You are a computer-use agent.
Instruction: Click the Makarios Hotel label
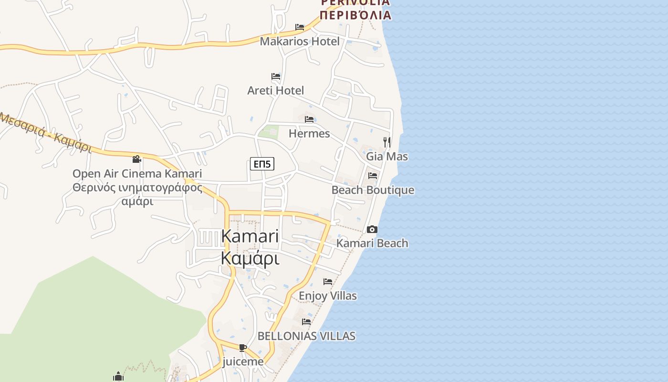tap(300, 42)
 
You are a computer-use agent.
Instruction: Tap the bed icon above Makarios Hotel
tap(300, 27)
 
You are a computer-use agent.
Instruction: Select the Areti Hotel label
tap(275, 91)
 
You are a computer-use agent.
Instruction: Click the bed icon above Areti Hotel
tap(276, 76)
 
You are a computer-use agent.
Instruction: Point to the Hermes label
tap(309, 134)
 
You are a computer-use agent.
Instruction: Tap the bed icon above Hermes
tap(309, 119)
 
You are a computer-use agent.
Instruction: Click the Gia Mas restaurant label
tap(387, 157)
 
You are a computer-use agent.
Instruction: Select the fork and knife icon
tap(387, 142)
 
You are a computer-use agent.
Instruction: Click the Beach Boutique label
tap(373, 190)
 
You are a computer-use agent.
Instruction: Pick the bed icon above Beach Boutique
tap(373, 176)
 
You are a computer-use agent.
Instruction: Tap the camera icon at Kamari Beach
tap(372, 230)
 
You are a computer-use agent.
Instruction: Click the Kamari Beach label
tap(372, 244)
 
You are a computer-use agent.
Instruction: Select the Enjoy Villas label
tap(328, 296)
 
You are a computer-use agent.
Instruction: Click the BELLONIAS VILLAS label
tap(306, 336)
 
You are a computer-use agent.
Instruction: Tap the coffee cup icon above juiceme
tap(243, 348)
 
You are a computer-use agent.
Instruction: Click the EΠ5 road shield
tap(262, 164)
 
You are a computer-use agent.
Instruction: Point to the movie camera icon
tap(137, 159)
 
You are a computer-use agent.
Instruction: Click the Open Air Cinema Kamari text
tap(137, 174)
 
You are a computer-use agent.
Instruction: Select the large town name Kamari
tap(250, 236)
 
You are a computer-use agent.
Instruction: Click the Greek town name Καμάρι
tap(250, 258)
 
